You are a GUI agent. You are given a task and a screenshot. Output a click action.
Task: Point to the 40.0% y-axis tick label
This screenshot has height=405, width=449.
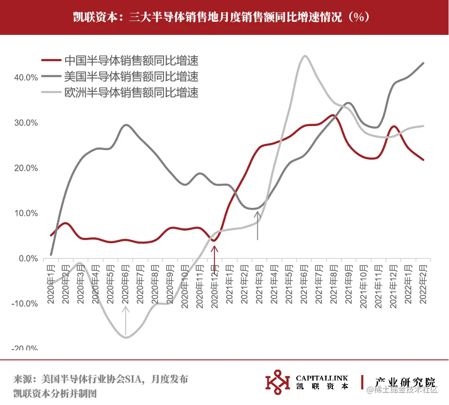click(26, 78)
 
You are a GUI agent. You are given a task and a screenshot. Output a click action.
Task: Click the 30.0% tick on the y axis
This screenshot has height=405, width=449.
click(26, 123)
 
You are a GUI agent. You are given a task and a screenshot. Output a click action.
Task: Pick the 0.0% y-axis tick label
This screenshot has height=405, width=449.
click(28, 258)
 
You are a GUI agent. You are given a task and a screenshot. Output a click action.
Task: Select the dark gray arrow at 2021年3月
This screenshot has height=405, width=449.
click(257, 225)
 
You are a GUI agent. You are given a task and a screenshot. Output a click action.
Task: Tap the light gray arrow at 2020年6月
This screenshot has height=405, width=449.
click(126, 320)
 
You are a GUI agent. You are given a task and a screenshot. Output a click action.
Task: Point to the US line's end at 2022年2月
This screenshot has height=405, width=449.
click(423, 63)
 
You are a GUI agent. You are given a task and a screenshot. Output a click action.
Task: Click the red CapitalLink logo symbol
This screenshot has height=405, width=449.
click(277, 382)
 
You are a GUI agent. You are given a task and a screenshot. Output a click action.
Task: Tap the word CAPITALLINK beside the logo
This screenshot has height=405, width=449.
click(322, 378)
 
